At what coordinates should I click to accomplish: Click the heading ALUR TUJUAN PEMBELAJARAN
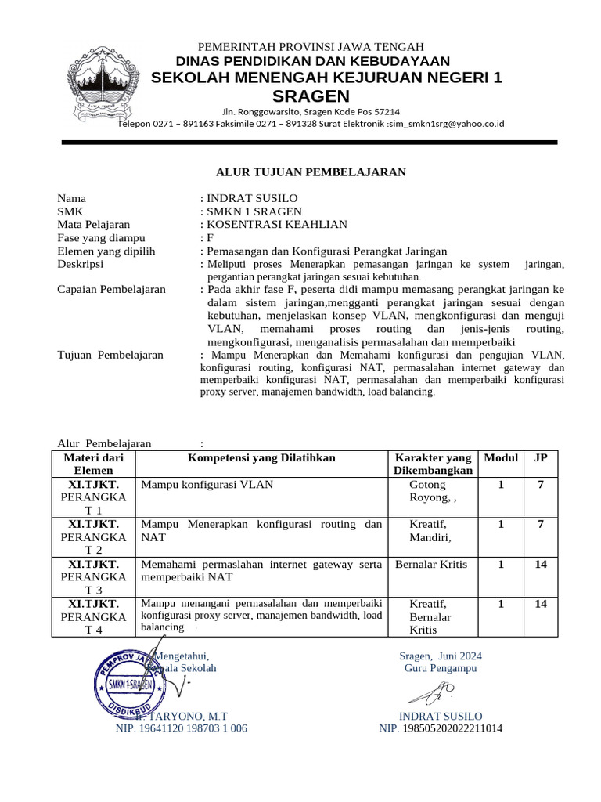[x=311, y=172]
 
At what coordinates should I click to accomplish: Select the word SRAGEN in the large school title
[x=311, y=96]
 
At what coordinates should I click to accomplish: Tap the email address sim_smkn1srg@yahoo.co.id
[x=448, y=124]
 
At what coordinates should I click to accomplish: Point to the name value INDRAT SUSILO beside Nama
[x=253, y=198]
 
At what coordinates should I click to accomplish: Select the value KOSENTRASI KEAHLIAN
[x=276, y=225]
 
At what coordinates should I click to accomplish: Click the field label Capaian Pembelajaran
[x=112, y=289]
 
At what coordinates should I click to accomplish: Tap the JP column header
[x=540, y=457]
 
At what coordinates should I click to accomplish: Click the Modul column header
[x=501, y=457]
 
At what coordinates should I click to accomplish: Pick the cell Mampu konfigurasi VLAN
[x=207, y=485]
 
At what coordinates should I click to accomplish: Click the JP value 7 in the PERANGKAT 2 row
[x=540, y=524]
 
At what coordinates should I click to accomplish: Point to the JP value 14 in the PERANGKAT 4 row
[x=540, y=604]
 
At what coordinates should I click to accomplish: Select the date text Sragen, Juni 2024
[x=441, y=656]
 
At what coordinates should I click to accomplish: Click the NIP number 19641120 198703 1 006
[x=182, y=728]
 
